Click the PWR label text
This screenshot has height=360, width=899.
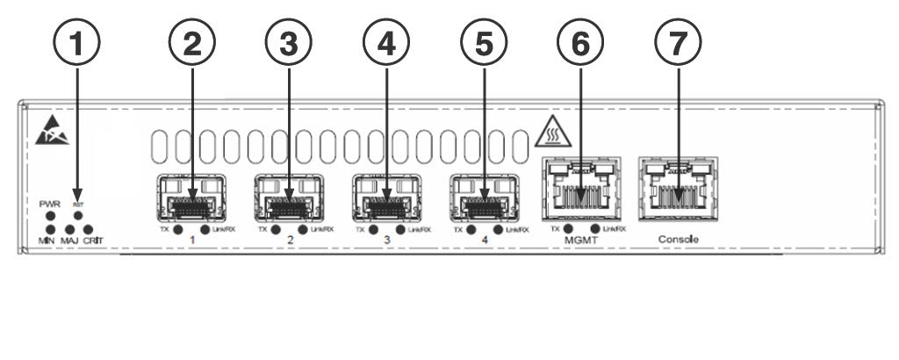(x=50, y=204)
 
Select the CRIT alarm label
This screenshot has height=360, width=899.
(x=93, y=240)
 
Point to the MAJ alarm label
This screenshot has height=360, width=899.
(x=69, y=240)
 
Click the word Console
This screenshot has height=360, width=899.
(x=679, y=239)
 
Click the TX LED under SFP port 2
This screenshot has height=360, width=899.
(x=276, y=230)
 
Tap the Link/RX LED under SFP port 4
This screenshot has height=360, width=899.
(x=499, y=230)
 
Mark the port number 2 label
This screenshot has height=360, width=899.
(x=290, y=239)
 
